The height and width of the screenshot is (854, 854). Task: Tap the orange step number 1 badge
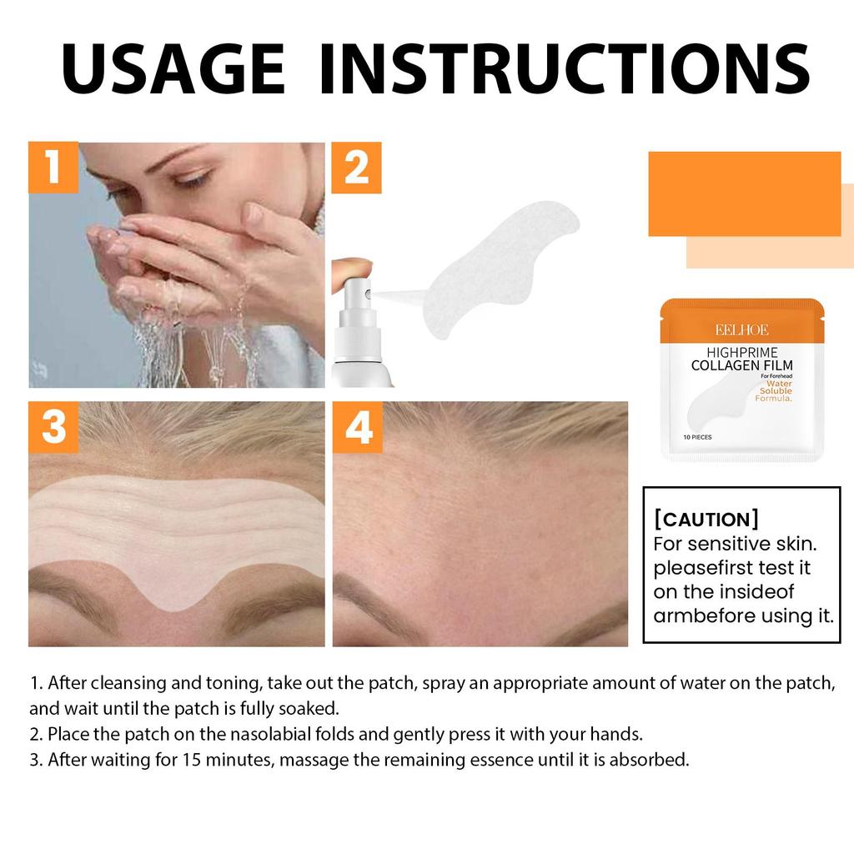click(x=53, y=168)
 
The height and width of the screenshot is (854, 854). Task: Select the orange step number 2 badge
click(x=356, y=168)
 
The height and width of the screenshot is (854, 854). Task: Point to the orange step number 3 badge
click(x=53, y=427)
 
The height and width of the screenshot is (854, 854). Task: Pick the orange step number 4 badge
click(x=358, y=427)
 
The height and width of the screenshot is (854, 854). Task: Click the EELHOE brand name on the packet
click(x=741, y=329)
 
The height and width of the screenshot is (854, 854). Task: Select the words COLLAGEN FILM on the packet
click(x=741, y=365)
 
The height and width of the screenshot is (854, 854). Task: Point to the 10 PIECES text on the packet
click(x=697, y=437)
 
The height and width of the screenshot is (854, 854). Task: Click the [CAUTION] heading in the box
click(x=706, y=520)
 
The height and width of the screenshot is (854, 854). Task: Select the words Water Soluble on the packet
click(x=775, y=387)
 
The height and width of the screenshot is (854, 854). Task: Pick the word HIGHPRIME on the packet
click(x=741, y=352)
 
